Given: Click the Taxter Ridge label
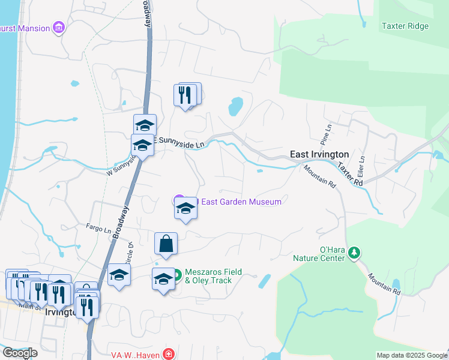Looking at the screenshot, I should click(x=405, y=26).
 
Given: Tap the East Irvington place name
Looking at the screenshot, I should click(x=319, y=155).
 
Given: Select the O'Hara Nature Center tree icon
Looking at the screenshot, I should click(x=355, y=253).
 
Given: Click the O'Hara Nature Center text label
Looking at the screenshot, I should click(x=324, y=254).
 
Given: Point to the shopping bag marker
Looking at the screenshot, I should click(x=166, y=244).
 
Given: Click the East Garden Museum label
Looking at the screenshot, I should click(x=241, y=202).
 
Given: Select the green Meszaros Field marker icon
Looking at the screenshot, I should click(x=177, y=276).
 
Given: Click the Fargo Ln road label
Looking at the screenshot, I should click(x=99, y=229).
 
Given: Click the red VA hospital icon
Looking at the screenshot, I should click(x=169, y=355).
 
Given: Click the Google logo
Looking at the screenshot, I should click(x=20, y=353).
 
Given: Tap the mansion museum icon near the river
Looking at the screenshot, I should click(x=58, y=27).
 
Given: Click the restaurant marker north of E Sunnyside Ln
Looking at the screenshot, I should click(x=185, y=94).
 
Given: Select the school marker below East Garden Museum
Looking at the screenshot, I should click(x=185, y=209).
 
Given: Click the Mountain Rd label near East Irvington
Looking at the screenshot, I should click(x=319, y=177).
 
